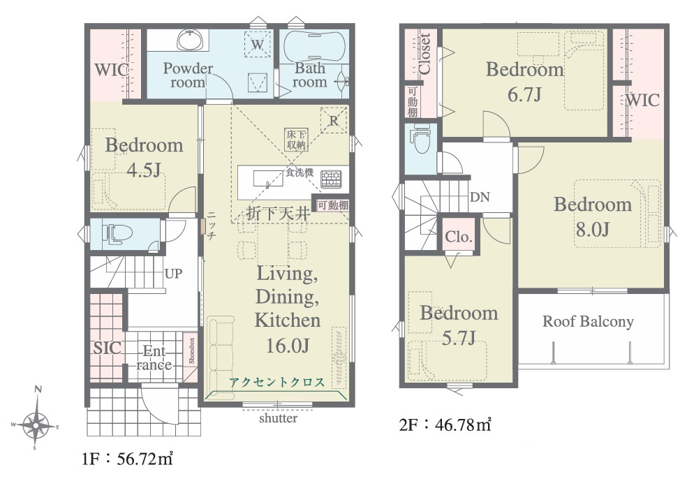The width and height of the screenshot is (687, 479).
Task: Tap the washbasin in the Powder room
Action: click(x=190, y=40)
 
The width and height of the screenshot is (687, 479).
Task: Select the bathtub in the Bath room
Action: click(x=313, y=45)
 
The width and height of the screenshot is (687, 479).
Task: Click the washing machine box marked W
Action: click(x=258, y=44)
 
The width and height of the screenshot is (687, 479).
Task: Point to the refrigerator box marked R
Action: click(x=334, y=119)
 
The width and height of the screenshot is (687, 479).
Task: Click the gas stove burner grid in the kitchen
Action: click(x=331, y=179)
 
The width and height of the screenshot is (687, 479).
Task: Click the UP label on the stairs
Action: click(x=174, y=274)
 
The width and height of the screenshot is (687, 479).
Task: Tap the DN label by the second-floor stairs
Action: click(x=480, y=197)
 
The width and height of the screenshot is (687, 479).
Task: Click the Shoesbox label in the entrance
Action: click(x=191, y=351)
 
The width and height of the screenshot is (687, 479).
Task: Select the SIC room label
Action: click(x=107, y=348)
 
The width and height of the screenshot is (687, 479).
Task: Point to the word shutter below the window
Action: click(x=278, y=418)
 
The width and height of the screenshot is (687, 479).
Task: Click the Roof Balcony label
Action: click(x=588, y=321)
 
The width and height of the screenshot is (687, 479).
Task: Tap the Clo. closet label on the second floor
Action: click(x=458, y=237)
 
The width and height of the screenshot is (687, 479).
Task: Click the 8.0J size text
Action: click(x=593, y=229)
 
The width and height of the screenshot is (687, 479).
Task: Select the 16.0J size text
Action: click(x=288, y=346)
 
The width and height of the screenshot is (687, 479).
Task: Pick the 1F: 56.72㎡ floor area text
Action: click(x=127, y=459)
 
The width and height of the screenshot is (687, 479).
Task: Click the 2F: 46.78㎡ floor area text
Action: click(x=445, y=425)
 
